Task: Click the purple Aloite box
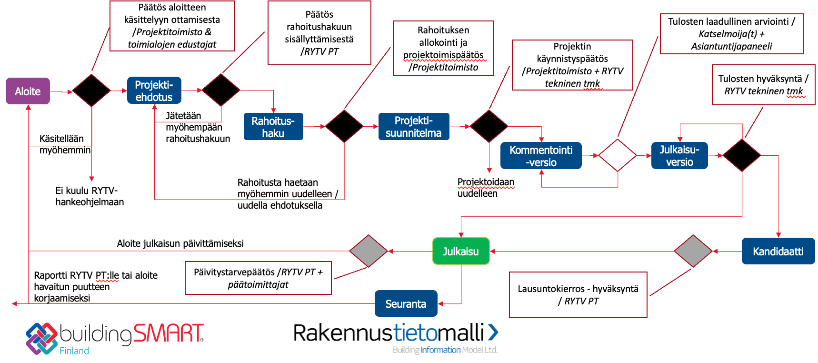[x=28, y=91]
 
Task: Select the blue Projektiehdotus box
[x=154, y=91]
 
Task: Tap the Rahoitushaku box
[x=273, y=127]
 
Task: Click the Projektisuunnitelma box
[x=413, y=127]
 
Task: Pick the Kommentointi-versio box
[x=541, y=156]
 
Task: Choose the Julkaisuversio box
[x=679, y=156]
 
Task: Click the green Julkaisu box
[x=460, y=251]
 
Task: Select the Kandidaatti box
[x=778, y=251]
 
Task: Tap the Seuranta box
[x=406, y=303]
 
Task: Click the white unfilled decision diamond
[x=618, y=155]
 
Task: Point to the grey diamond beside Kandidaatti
[x=693, y=251]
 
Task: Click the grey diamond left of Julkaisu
[x=368, y=251]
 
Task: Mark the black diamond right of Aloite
[x=91, y=90]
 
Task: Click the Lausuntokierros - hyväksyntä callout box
[x=578, y=294]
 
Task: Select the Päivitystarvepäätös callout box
[x=258, y=278]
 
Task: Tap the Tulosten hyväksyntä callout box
[x=763, y=85]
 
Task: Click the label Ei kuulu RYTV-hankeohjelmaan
[x=90, y=196]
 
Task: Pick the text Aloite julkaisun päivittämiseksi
[x=180, y=243]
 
